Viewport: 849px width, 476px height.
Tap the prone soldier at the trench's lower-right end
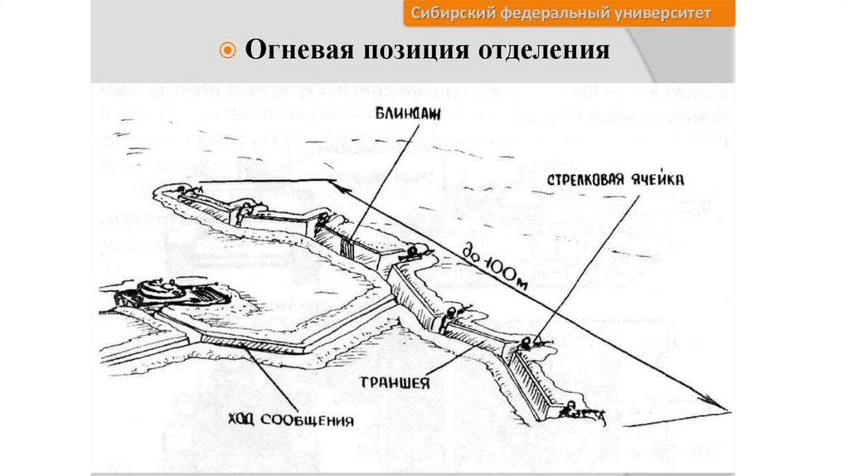[x=572, y=410]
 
